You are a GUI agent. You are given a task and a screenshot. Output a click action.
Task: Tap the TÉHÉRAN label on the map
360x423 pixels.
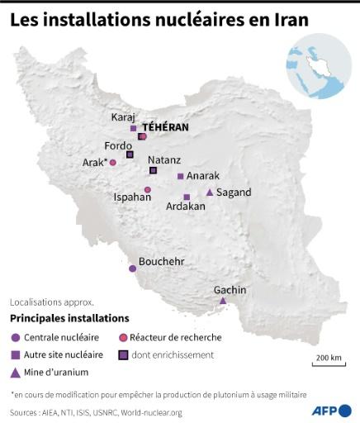[165, 127]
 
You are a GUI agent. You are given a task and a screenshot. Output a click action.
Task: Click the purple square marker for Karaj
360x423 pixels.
[133, 128]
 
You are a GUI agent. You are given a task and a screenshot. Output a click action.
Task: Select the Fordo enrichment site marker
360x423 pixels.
[129, 154]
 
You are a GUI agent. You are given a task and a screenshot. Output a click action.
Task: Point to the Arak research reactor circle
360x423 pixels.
[113, 162]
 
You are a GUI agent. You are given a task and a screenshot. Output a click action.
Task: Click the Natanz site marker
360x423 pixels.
[153, 170]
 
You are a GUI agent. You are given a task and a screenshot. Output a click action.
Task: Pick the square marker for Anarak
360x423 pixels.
[180, 176]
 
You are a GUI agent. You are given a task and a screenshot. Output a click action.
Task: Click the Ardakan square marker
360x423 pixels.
[187, 197]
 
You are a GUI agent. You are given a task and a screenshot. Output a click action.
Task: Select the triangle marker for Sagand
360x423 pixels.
[210, 192]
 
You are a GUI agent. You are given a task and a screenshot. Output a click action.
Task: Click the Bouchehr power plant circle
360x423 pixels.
[132, 269]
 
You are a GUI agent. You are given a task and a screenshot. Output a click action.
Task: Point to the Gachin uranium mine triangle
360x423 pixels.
[222, 301]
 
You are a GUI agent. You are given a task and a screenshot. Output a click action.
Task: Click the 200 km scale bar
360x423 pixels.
[328, 364]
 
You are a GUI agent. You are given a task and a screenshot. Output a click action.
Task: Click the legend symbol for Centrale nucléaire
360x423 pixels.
[15, 337]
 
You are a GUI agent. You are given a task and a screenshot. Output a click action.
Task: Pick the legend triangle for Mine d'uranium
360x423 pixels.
[15, 371]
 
